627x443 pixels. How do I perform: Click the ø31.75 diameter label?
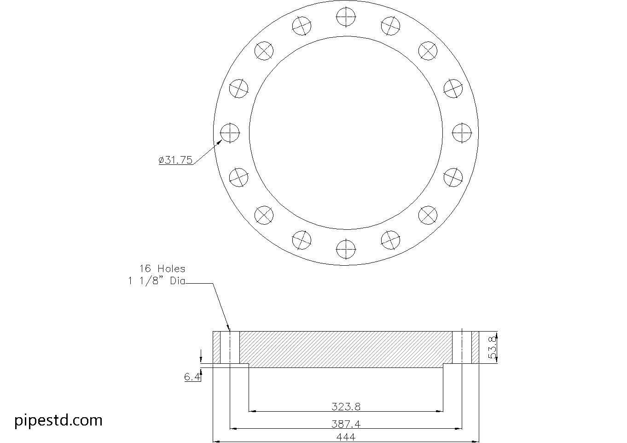pyautogui.click(x=175, y=160)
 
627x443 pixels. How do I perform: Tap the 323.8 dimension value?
pyautogui.click(x=346, y=407)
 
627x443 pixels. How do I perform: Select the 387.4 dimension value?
pyautogui.click(x=346, y=424)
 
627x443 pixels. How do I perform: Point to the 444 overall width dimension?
pyautogui.click(x=346, y=437)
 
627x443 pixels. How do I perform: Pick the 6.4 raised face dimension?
pyautogui.click(x=192, y=377)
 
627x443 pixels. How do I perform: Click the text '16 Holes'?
pyautogui.click(x=162, y=268)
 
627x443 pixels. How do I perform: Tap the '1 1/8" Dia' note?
pyautogui.click(x=157, y=281)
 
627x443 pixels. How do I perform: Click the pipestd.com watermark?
pyautogui.click(x=58, y=420)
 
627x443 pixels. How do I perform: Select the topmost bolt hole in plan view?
pyautogui.click(x=346, y=17)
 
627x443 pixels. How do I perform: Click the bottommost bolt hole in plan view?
pyautogui.click(x=346, y=250)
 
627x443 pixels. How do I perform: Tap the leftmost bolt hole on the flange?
pyautogui.click(x=230, y=133)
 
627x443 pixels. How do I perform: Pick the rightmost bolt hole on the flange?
pyautogui.click(x=462, y=133)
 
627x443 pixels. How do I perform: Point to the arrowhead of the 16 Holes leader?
pyautogui.click(x=228, y=328)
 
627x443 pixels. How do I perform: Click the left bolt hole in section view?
pyautogui.click(x=230, y=347)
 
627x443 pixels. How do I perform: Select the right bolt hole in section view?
pyautogui.click(x=462, y=347)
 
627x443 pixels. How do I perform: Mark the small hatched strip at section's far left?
pyautogui.click(x=216, y=347)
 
